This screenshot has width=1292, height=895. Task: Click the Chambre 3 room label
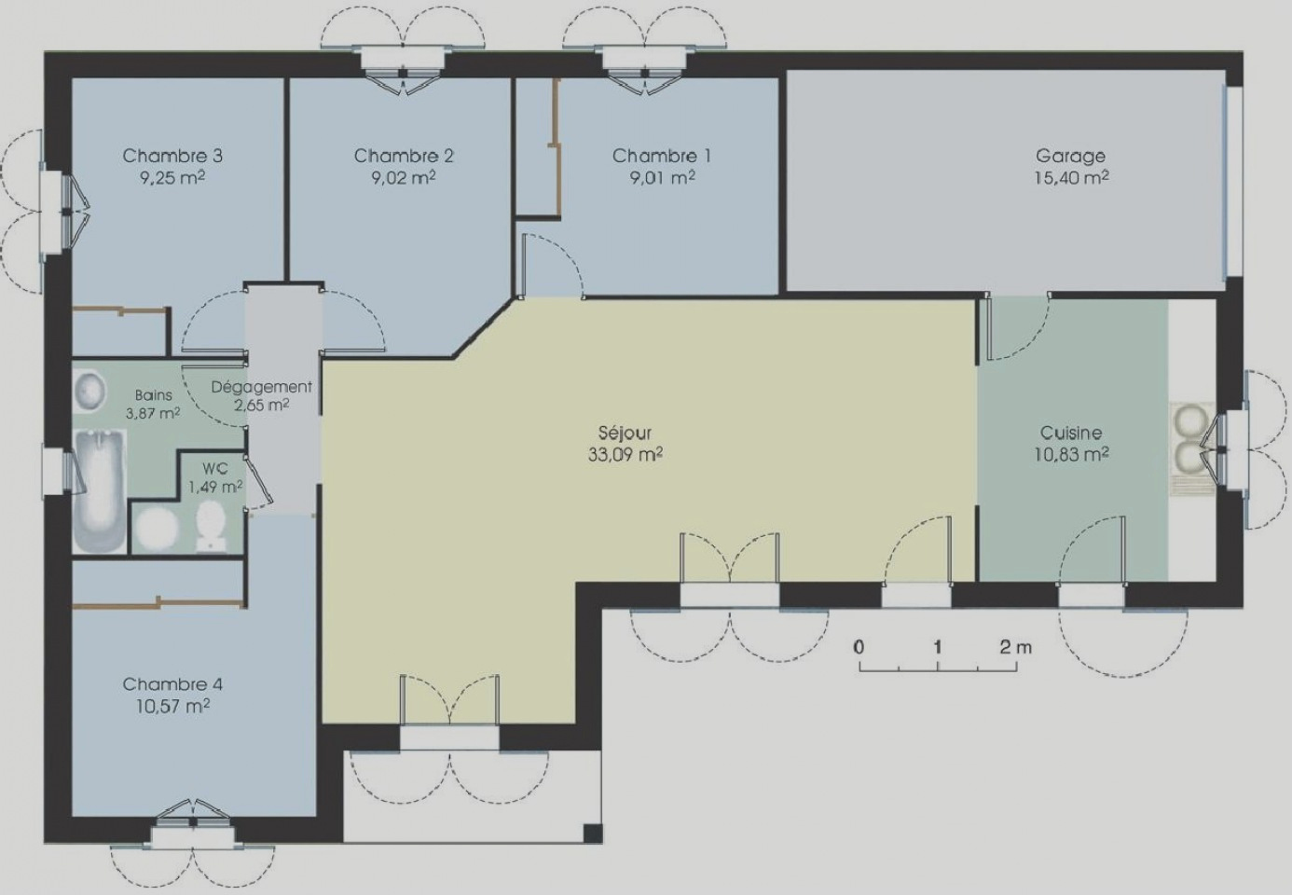172,156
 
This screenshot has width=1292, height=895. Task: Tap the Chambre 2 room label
404,156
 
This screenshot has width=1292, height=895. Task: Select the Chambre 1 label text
662,156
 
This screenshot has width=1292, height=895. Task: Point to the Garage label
1070,157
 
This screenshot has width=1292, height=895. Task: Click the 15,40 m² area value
1071,177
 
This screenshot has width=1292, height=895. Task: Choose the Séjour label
625,433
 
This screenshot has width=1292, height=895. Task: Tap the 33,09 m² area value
625,454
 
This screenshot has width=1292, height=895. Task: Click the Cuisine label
1071,433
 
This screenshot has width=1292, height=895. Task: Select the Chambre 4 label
172,684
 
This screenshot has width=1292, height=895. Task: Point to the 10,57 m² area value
172,706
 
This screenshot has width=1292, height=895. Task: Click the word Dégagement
261,387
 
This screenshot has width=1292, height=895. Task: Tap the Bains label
154,395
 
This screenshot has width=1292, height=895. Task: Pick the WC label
214,468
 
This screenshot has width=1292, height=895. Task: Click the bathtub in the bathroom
100,490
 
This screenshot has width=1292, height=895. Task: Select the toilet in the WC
210,526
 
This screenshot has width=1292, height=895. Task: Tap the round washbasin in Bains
90,391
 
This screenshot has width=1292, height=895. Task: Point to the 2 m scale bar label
1016,648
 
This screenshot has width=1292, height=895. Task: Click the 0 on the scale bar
859,648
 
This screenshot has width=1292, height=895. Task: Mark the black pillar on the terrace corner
592,833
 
